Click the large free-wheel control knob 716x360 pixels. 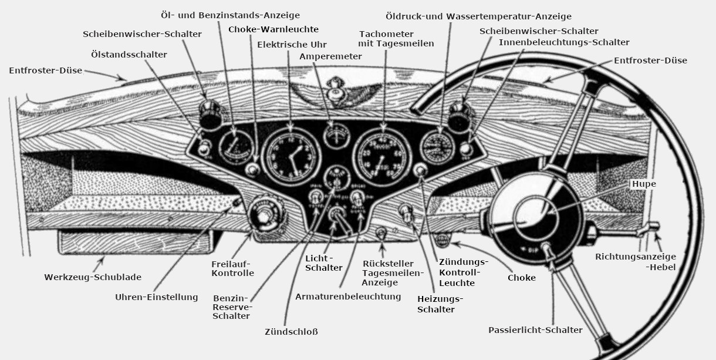click(x=266, y=216)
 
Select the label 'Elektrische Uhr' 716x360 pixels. click(x=292, y=44)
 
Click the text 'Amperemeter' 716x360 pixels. click(x=330, y=56)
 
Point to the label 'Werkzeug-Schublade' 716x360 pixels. click(x=93, y=277)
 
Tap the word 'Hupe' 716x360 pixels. click(x=643, y=184)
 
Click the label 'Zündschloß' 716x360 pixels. click(x=291, y=332)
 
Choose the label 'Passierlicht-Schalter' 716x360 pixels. click(x=535, y=330)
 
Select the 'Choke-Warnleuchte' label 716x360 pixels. click(x=273, y=29)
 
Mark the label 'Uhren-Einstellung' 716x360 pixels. click(x=157, y=297)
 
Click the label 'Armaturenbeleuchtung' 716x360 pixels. click(x=348, y=297)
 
